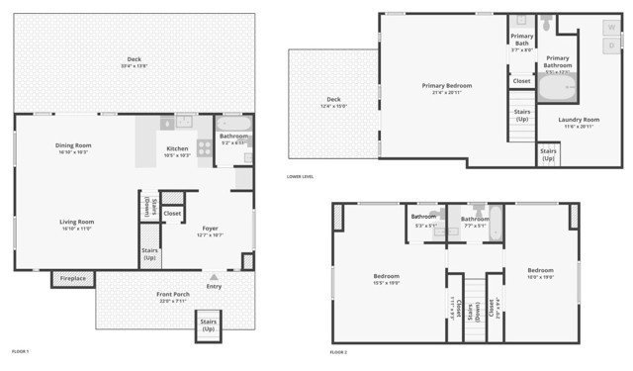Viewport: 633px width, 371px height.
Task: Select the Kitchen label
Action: pos(177,149)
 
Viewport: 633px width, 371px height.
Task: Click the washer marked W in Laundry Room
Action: pos(611,27)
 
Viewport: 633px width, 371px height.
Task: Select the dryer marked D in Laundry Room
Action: pos(611,46)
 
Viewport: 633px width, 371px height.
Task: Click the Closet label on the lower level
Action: pos(521,81)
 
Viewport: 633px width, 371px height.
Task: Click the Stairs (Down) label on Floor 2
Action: pos(477,306)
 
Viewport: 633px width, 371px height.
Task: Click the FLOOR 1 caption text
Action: pos(20,351)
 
